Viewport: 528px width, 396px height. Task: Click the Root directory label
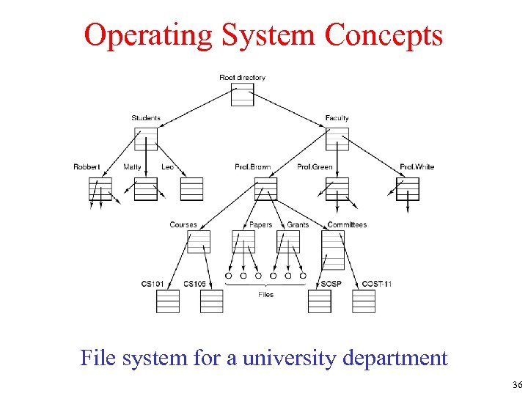pyautogui.click(x=242, y=77)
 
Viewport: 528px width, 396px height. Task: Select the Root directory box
pyautogui.click(x=242, y=94)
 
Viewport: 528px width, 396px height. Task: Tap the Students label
pyautogui.click(x=146, y=118)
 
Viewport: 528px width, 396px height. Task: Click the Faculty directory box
pyautogui.click(x=337, y=139)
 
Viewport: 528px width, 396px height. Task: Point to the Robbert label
pyautogui.click(x=87, y=167)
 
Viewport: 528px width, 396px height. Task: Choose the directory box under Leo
pyautogui.click(x=191, y=189)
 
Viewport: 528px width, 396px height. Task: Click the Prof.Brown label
pyautogui.click(x=252, y=167)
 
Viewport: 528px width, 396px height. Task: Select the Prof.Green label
pyautogui.click(x=315, y=167)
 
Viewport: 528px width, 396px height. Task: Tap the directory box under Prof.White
pyautogui.click(x=408, y=189)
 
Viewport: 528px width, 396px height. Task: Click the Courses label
pyautogui.click(x=183, y=224)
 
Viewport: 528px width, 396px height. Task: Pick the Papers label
pyautogui.click(x=260, y=224)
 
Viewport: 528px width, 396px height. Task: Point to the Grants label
pyautogui.click(x=298, y=224)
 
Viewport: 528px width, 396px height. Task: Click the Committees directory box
pyautogui.click(x=333, y=250)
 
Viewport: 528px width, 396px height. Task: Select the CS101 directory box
pyautogui.click(x=167, y=301)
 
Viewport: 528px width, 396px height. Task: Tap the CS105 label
pyautogui.click(x=195, y=284)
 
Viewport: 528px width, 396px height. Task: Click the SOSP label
pyautogui.click(x=331, y=284)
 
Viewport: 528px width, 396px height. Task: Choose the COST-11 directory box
pyautogui.click(x=364, y=301)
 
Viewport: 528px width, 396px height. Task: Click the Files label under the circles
pyautogui.click(x=265, y=294)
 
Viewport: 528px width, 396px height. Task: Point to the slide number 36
pyautogui.click(x=517, y=385)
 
